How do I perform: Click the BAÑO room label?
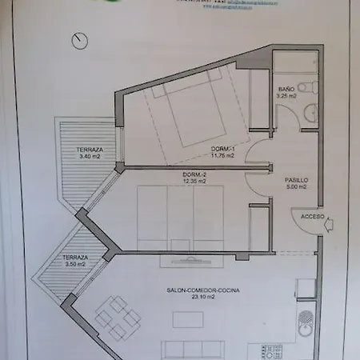pyautogui.click(x=286, y=89)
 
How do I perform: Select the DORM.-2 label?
pyautogui.click(x=194, y=174)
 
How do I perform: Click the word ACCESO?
pyautogui.click(x=312, y=217)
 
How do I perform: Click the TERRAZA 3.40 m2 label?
pyautogui.click(x=90, y=150)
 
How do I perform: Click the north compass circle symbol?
pyautogui.click(x=78, y=40)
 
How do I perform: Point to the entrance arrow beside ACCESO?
pyautogui.click(x=328, y=227)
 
